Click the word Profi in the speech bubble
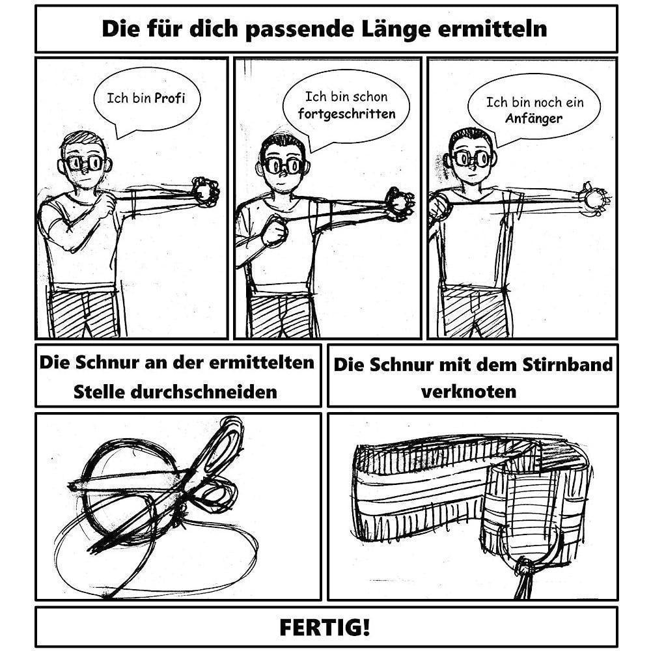point(170,99)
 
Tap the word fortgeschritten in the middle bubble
point(346,113)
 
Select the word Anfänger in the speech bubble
point(534,119)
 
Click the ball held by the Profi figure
point(206,191)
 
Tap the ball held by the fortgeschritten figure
point(399,203)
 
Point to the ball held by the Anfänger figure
point(594,198)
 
